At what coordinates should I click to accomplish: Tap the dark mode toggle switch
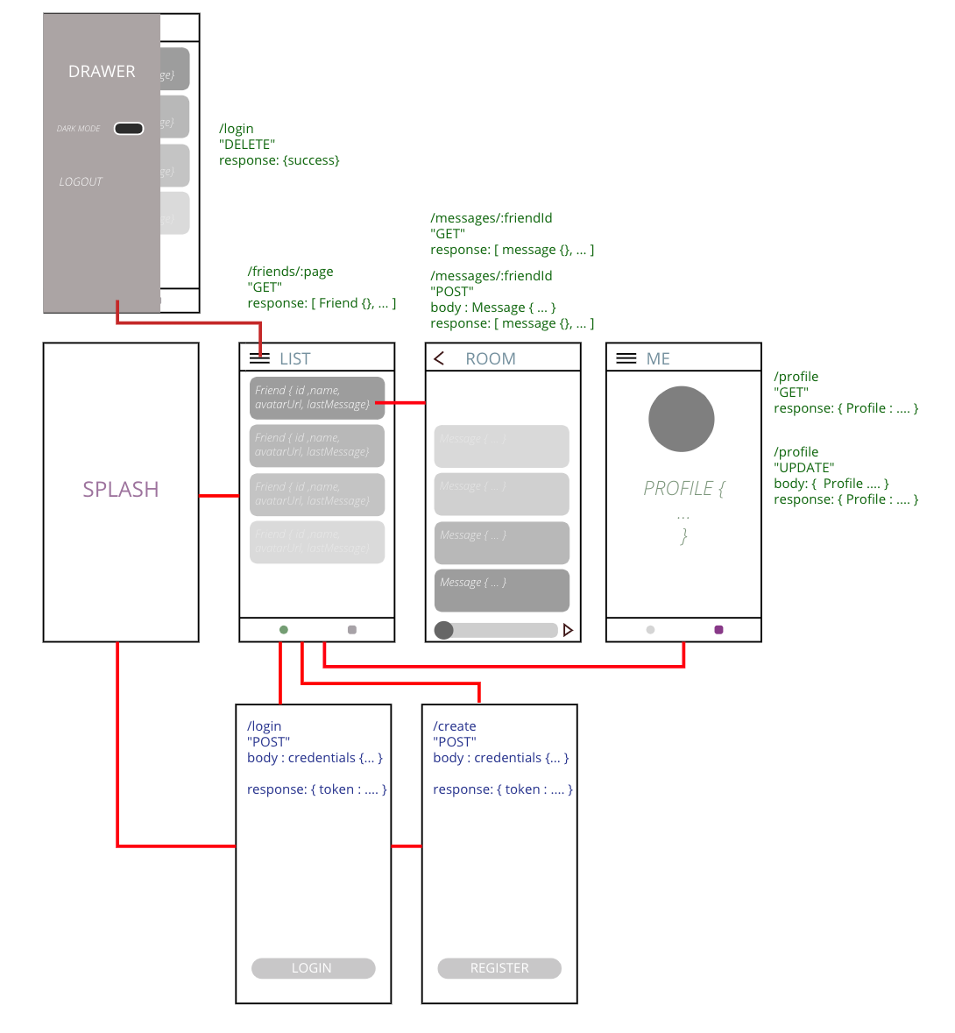tap(129, 129)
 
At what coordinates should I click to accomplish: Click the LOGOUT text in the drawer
tap(81, 181)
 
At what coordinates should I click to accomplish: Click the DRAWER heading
tap(102, 72)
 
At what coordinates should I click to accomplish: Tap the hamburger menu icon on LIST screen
tap(259, 357)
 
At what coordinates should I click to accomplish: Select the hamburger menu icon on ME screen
tap(626, 357)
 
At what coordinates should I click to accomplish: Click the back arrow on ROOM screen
tap(440, 357)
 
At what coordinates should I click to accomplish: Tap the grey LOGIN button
tap(313, 968)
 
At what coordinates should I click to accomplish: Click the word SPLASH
tap(121, 489)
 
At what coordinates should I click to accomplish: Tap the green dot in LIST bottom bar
tap(283, 629)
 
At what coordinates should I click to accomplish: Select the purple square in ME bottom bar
tap(718, 629)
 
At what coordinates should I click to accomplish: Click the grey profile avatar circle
tap(681, 419)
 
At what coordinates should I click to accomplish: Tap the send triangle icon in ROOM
tap(568, 630)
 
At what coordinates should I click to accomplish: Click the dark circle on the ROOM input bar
tap(444, 630)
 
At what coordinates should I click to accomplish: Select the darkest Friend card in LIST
tap(316, 398)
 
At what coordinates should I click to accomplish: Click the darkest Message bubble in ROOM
tap(501, 590)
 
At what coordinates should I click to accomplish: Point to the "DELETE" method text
tap(247, 145)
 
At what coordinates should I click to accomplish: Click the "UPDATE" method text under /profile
tap(804, 468)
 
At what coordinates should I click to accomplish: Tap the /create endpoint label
tap(455, 726)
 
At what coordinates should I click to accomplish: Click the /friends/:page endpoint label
tap(291, 272)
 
